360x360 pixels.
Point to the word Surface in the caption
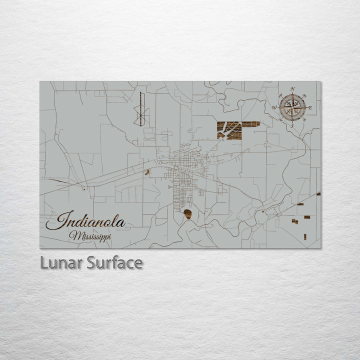114,262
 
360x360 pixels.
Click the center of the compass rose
292,106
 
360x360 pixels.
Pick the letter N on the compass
292,89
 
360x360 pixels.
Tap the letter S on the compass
292,125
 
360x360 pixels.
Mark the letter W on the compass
274,107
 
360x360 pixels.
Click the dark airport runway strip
141,108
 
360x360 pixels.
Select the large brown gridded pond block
229,130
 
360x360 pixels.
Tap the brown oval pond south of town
187,214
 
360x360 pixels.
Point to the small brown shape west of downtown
147,172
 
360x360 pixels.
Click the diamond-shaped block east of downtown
206,157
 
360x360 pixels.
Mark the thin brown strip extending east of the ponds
251,124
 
